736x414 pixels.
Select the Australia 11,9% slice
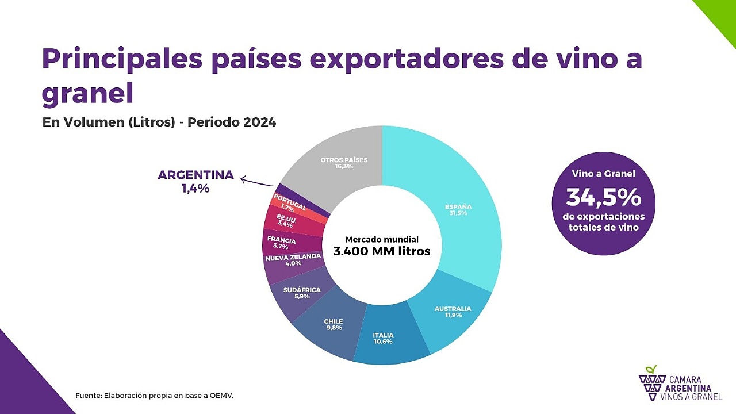[453, 312]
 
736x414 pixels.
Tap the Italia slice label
[383, 338]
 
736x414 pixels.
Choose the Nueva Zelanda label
[293, 260]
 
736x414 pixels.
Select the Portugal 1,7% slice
[289, 203]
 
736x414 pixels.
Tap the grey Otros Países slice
[344, 163]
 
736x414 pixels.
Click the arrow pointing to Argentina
[256, 182]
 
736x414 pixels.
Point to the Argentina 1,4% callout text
[195, 181]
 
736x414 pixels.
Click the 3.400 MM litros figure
[382, 251]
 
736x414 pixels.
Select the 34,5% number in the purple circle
[603, 198]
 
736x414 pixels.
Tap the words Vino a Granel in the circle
[603, 174]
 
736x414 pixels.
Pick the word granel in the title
[87, 93]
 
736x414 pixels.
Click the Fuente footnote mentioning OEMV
[155, 396]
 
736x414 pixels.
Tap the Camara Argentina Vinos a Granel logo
[680, 384]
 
